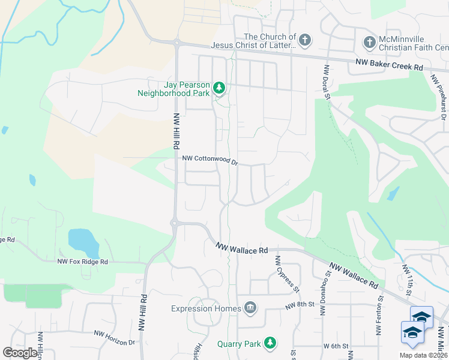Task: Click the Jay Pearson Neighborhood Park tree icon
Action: pyautogui.click(x=220, y=89)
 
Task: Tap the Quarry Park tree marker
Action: pyautogui.click(x=271, y=343)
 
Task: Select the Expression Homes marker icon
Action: pyautogui.click(x=250, y=308)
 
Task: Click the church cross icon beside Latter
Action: pyautogui.click(x=305, y=41)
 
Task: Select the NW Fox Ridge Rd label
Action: pyautogui.click(x=82, y=262)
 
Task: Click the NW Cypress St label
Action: pyautogui.click(x=288, y=274)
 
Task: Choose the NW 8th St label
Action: pyautogui.click(x=300, y=305)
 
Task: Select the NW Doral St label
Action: pyautogui.click(x=328, y=83)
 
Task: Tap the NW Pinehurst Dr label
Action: pyautogui.click(x=440, y=93)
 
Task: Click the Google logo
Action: pyautogui.click(x=20, y=353)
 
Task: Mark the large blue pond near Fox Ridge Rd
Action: pyautogui.click(x=83, y=241)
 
